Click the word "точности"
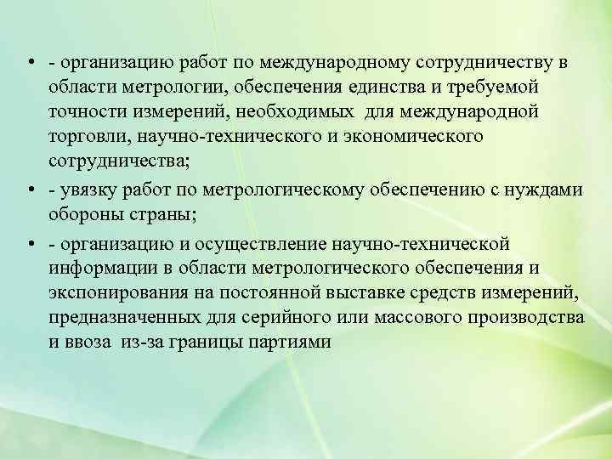click(88, 113)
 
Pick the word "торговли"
click(88, 136)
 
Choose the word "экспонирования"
click(113, 293)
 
